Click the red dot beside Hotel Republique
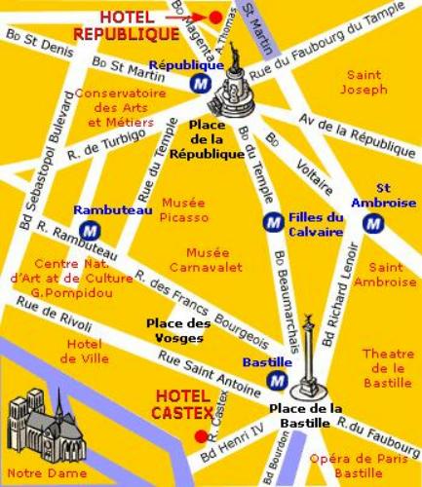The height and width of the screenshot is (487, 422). click(215, 17)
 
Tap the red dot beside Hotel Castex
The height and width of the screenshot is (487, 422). click(200, 436)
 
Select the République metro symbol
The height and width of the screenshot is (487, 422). click(201, 84)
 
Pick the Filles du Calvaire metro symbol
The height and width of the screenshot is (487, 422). click(274, 223)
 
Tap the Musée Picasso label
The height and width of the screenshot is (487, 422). click(184, 208)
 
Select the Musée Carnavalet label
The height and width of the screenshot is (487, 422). click(192, 259)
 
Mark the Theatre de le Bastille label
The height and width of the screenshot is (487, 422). click(388, 367)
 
